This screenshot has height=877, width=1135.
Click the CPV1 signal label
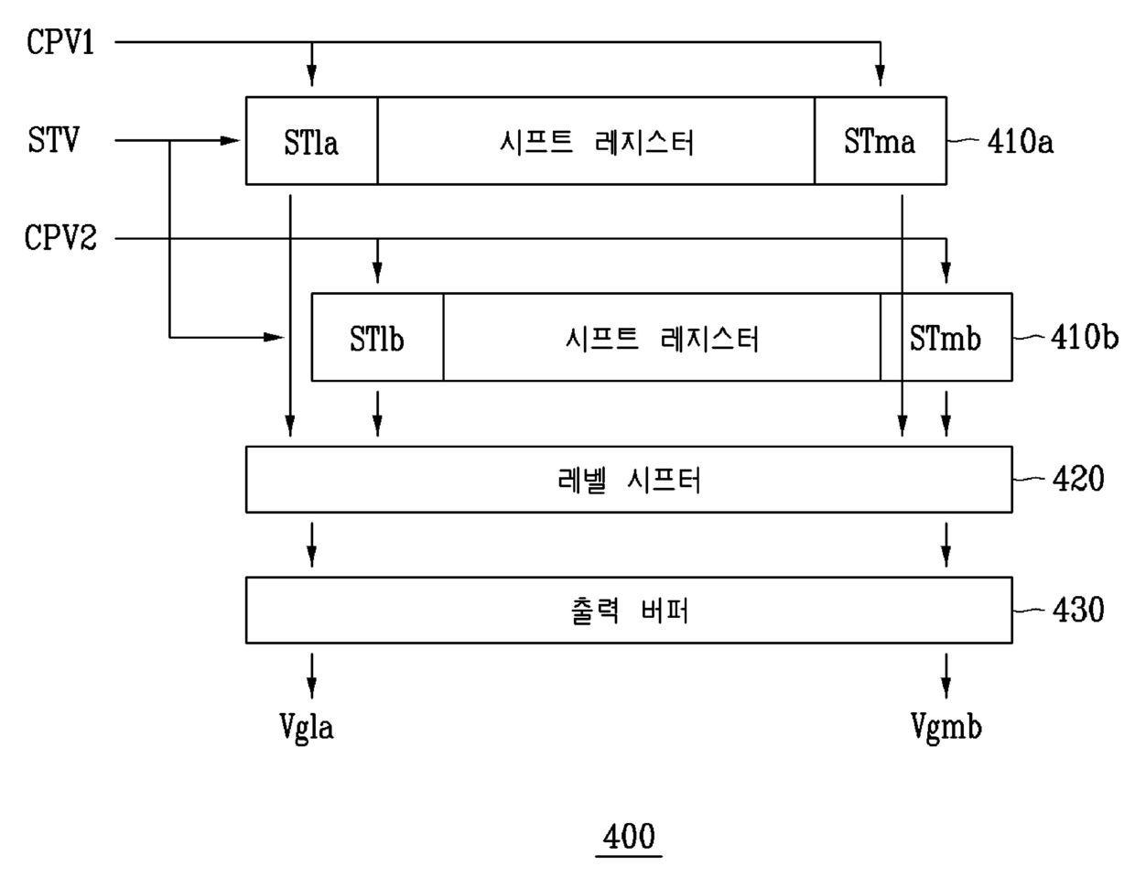60,42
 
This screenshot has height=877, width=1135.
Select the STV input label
53,141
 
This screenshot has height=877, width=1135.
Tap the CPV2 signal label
60,239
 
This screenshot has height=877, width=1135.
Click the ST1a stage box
311,142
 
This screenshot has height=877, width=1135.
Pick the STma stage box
880,142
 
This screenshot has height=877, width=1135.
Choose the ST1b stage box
377,339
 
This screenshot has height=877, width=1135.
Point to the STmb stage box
946,339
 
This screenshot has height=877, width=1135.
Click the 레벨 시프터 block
629,480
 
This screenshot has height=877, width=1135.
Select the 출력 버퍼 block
629,611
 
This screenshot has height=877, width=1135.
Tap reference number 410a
1020,142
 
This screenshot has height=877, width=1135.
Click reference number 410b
1085,339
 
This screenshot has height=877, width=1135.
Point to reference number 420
1078,479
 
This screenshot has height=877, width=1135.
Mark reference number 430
1078,610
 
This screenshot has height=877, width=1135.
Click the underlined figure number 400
629,836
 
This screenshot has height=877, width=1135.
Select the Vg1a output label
307,727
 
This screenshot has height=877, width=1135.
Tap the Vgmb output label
946,727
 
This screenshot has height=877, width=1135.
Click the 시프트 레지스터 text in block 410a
597,142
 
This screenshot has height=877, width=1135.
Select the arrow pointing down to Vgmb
946,677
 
